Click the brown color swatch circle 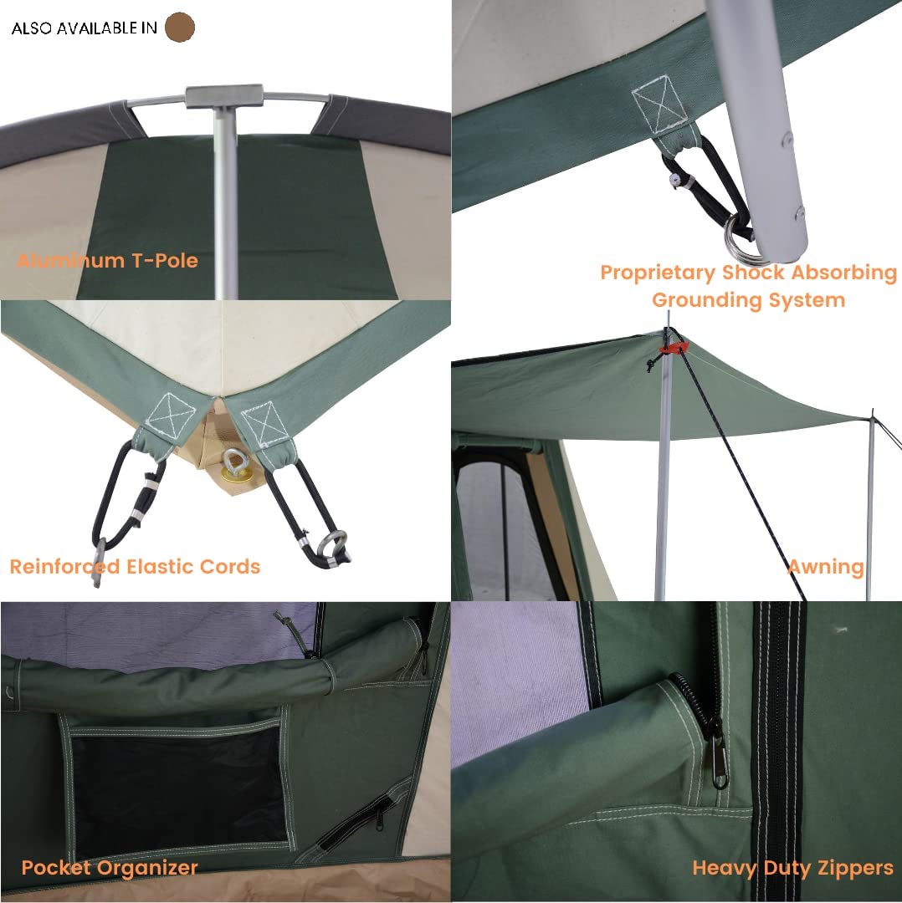[180, 28]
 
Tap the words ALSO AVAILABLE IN [84, 28]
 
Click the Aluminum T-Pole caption [107, 260]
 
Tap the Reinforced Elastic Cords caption [135, 566]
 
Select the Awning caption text [825, 566]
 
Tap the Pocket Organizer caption [110, 867]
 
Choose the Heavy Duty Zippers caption [792, 868]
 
